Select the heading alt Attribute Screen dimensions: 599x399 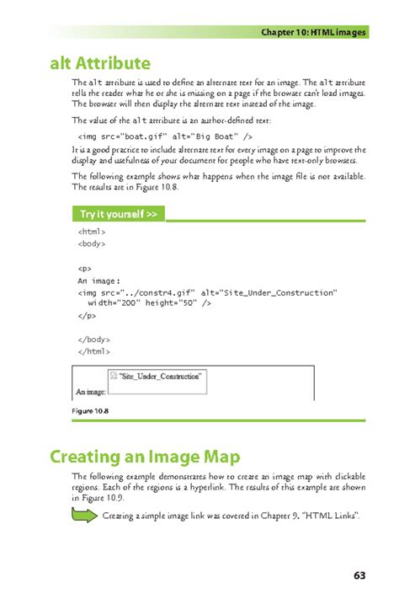tap(100, 63)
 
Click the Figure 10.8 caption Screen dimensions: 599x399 tap(90, 410)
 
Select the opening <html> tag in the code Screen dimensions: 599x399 tap(91, 231)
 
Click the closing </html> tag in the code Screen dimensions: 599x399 tap(93, 351)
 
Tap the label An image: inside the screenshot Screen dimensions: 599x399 tap(91, 392)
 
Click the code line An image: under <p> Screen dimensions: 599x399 tap(99, 281)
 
